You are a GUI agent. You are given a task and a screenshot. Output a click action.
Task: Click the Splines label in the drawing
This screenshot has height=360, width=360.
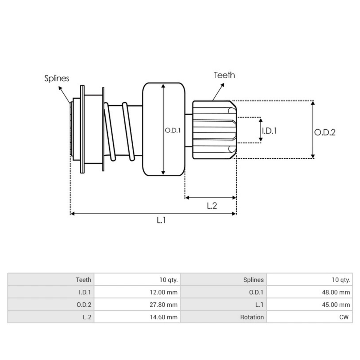tap(57, 78)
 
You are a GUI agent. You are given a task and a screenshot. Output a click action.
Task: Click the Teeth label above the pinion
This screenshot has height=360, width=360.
tap(224, 75)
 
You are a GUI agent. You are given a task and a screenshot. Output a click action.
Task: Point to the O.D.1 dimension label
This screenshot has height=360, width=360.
tap(172, 130)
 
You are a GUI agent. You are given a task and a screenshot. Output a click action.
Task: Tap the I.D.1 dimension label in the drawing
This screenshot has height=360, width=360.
tap(269, 131)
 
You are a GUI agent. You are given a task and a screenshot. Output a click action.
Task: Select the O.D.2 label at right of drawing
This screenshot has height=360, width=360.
tap(325, 132)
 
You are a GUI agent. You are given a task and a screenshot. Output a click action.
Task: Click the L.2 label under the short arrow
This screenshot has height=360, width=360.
tap(212, 206)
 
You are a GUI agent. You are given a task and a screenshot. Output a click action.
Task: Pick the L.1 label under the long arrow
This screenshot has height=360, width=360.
tap(161, 220)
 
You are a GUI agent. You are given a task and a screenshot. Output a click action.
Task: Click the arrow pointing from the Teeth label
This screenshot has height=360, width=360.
tap(219, 91)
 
